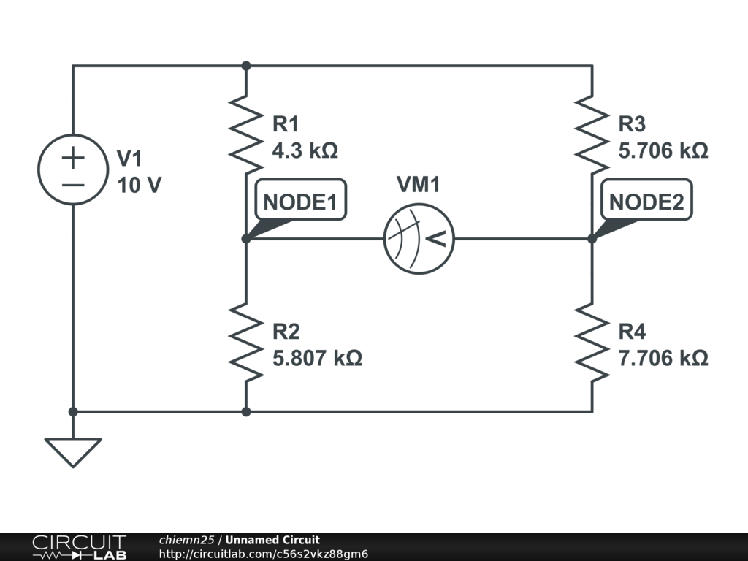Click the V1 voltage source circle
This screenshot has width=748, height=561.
tap(72, 169)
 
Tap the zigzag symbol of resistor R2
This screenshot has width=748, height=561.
tap(246, 342)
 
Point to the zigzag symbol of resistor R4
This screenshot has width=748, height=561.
tap(592, 342)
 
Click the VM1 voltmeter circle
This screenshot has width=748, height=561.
tap(419, 238)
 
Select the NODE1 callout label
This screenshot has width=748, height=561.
tap(300, 202)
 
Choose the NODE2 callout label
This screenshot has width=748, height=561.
tap(646, 202)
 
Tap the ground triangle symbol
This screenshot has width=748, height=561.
tap(72, 451)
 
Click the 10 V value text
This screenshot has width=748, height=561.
tap(139, 186)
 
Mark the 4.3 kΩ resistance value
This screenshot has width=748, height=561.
tap(305, 151)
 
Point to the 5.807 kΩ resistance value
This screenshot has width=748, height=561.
tap(317, 359)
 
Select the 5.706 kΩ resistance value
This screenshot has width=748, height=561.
tap(663, 151)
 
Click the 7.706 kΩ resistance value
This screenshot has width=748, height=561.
tap(663, 359)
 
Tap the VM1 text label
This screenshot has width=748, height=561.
tap(419, 186)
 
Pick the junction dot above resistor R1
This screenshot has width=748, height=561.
tap(246, 66)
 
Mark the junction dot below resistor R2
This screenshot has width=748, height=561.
tap(246, 411)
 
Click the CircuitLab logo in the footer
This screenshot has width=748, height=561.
tap(79, 547)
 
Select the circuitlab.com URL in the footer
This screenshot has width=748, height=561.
tap(263, 554)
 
